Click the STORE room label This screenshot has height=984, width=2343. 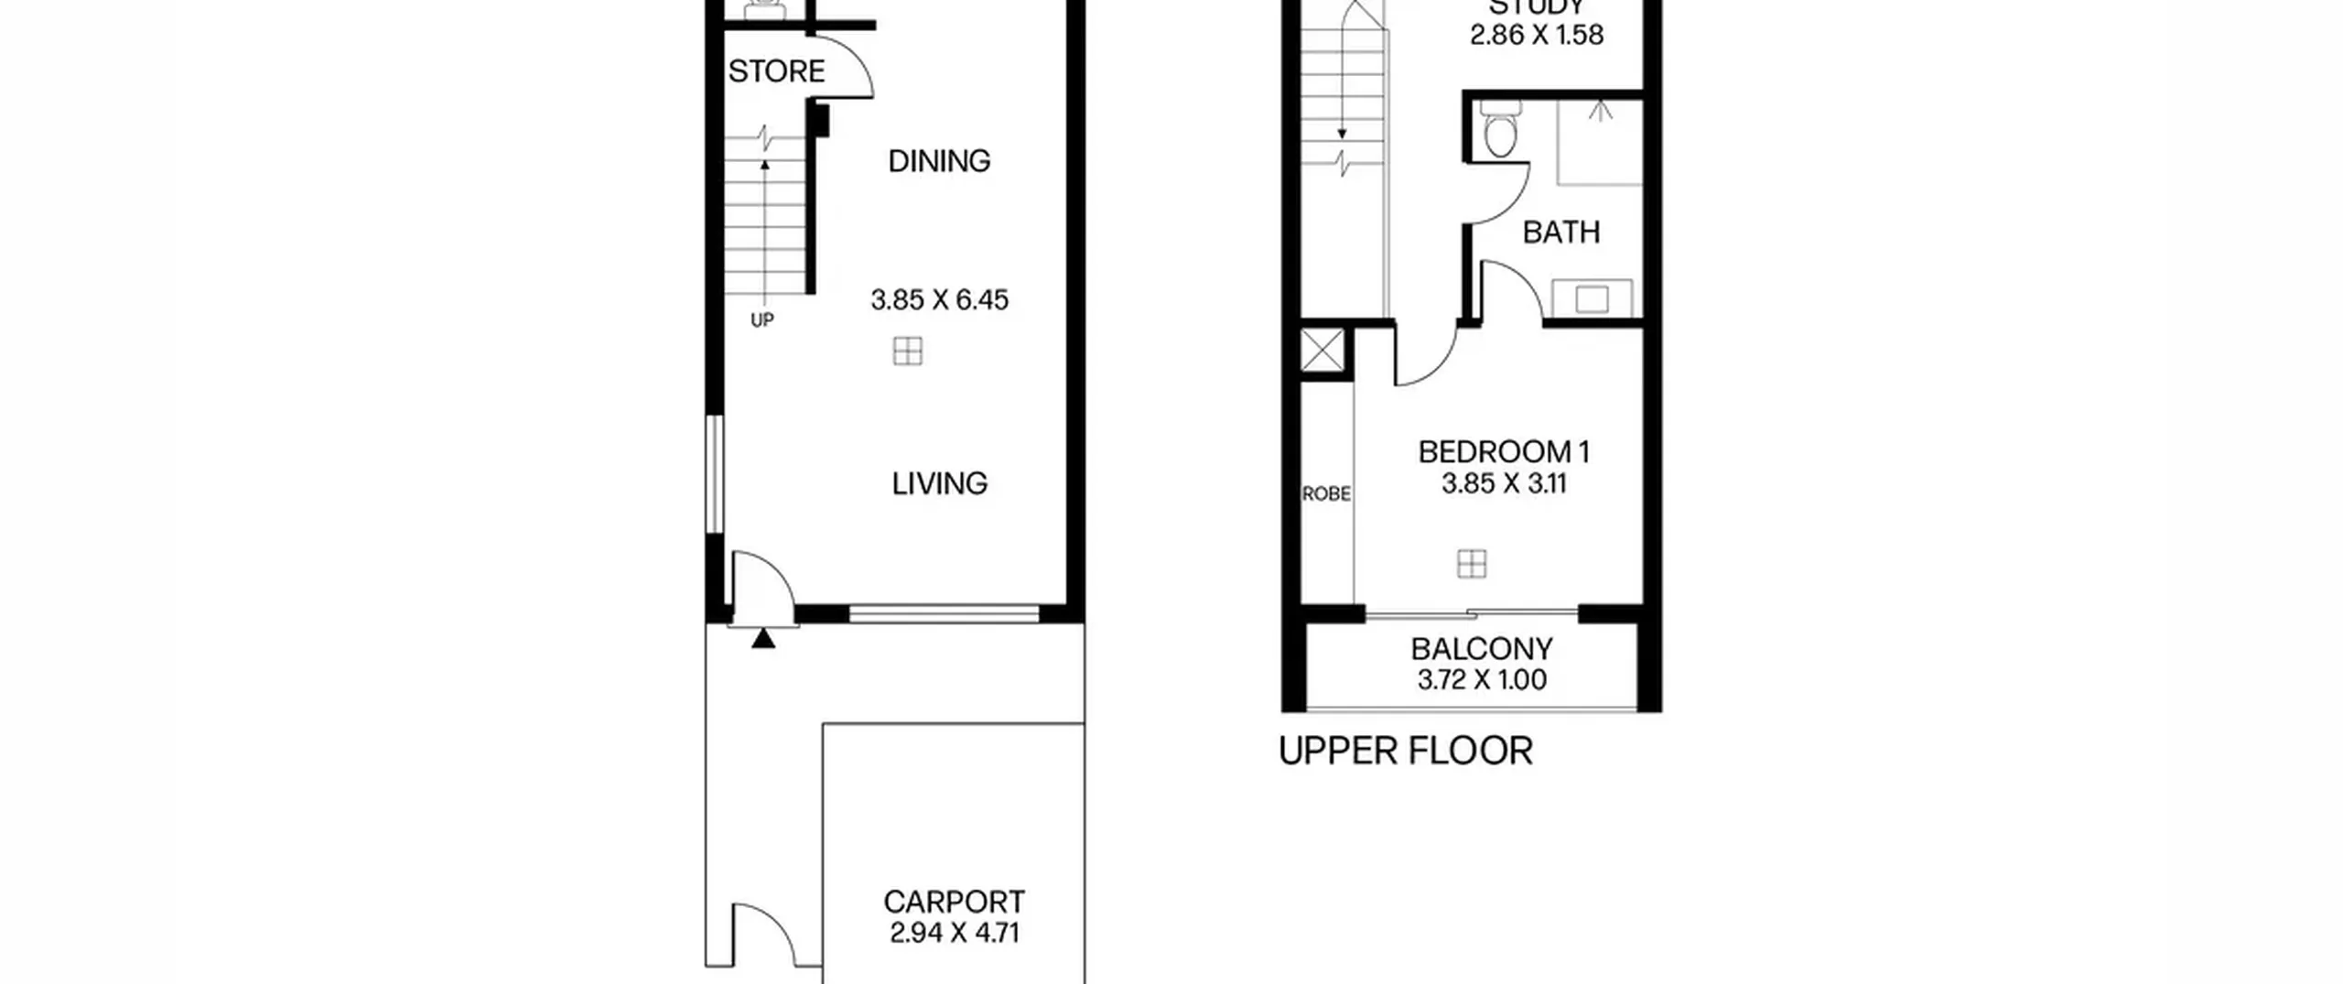click(776, 71)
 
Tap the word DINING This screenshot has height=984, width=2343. click(939, 161)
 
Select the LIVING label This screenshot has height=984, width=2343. click(940, 483)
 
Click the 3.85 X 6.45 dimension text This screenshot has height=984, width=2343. click(940, 300)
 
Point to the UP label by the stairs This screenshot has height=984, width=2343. click(762, 320)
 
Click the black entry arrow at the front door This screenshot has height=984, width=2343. click(763, 638)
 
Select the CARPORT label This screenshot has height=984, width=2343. click(954, 903)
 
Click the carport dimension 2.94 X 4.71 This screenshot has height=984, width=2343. click(954, 933)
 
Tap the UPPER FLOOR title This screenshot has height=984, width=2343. click(1405, 752)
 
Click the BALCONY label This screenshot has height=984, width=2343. click(1482, 649)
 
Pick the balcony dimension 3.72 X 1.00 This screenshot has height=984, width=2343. click(1482, 680)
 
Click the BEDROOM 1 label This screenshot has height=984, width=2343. click(1504, 452)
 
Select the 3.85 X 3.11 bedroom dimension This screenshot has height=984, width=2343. click(1504, 483)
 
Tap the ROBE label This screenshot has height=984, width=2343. click(1326, 494)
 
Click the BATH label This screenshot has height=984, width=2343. click(1561, 232)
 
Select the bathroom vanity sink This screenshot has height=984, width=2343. click(1593, 299)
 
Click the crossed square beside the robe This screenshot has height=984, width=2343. click(1323, 351)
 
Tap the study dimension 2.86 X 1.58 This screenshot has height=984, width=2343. click(1537, 35)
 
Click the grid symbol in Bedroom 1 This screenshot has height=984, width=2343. click(1472, 564)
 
